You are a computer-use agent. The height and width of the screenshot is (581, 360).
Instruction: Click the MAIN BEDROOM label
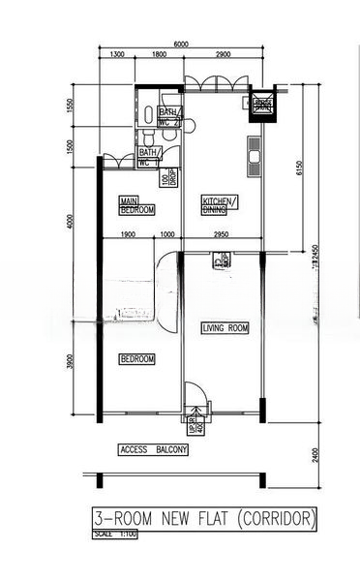[x=135, y=204]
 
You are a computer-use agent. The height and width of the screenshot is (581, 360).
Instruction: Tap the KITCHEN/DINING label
[x=218, y=204]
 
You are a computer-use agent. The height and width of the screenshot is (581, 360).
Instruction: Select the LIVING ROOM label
[x=225, y=329]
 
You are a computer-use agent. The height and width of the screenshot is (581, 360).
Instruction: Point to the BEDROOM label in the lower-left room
[x=136, y=359]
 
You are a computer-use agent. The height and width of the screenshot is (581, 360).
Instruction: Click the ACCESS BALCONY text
[x=153, y=450]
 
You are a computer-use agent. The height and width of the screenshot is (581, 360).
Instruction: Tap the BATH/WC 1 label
[x=149, y=157]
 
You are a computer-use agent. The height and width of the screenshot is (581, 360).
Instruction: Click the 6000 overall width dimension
[x=181, y=45]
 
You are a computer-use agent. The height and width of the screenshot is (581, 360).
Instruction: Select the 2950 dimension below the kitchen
[x=221, y=235]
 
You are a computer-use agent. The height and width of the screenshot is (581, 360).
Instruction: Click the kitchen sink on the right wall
[x=255, y=157]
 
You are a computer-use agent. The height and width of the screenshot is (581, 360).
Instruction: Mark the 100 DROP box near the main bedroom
[x=167, y=178]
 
